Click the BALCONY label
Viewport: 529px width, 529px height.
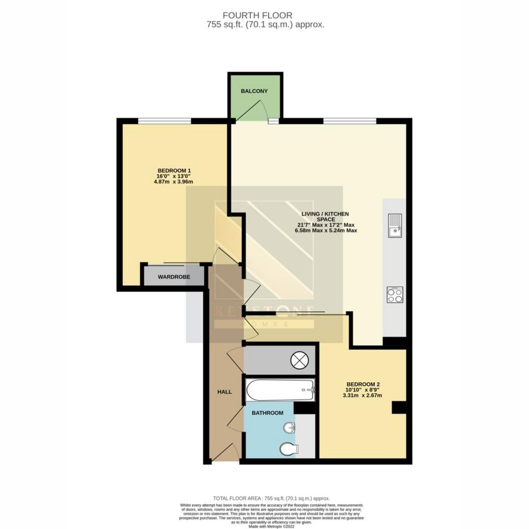click(x=254, y=91)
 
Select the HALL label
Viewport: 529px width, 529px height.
click(x=224, y=391)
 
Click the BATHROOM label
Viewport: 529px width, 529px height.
click(x=267, y=413)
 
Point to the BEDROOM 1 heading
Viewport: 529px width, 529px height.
click(x=174, y=171)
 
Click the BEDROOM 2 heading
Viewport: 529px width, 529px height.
click(x=362, y=384)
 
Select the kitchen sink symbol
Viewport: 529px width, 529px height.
click(x=395, y=225)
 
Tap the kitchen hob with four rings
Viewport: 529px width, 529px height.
click(x=395, y=294)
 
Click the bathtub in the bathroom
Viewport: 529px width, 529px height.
click(x=280, y=390)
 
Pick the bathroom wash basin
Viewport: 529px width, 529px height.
click(x=290, y=427)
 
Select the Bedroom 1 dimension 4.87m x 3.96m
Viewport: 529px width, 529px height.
click(x=174, y=182)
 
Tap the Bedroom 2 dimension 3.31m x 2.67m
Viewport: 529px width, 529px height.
click(x=362, y=395)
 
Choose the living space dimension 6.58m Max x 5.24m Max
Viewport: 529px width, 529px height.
click(x=325, y=230)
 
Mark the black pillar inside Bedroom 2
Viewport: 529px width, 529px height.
click(x=399, y=408)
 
